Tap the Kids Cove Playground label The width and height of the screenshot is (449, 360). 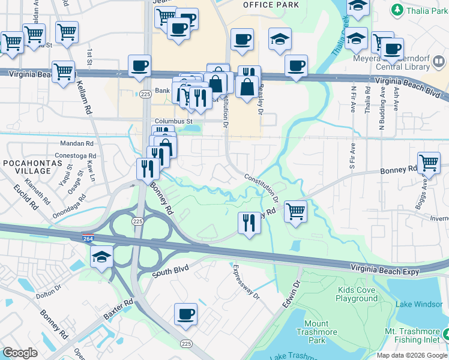pos(357,294)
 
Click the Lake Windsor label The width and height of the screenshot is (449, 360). pos(419,304)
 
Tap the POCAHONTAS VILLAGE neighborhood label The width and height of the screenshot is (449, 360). pos(25,168)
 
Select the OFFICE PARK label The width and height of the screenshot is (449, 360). pos(270,5)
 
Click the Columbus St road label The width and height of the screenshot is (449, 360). pos(173,121)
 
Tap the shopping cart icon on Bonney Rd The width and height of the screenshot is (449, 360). pos(429,163)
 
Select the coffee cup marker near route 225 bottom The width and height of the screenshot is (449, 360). pos(185,314)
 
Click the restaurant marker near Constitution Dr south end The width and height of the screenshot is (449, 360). pos(249,223)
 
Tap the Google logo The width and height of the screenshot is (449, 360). pos(20,353)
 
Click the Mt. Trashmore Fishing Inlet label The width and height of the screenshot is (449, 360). pos(414,335)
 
